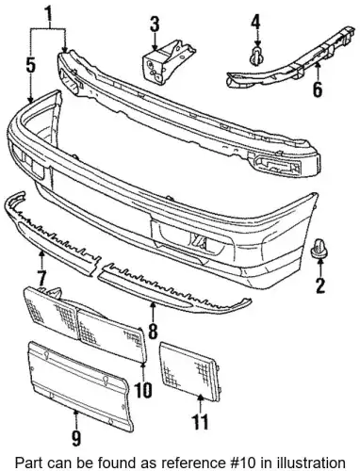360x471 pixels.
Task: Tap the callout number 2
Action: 319,285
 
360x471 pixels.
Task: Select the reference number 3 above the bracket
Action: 155,24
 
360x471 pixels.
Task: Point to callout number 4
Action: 255,21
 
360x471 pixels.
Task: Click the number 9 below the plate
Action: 76,438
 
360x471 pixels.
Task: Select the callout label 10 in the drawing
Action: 143,389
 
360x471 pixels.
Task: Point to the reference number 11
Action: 200,421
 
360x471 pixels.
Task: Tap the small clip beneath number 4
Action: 256,57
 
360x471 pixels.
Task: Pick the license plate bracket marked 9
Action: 79,385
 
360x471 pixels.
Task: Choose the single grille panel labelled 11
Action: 191,371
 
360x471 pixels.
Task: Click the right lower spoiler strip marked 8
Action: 174,286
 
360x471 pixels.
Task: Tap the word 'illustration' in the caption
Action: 312,463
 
